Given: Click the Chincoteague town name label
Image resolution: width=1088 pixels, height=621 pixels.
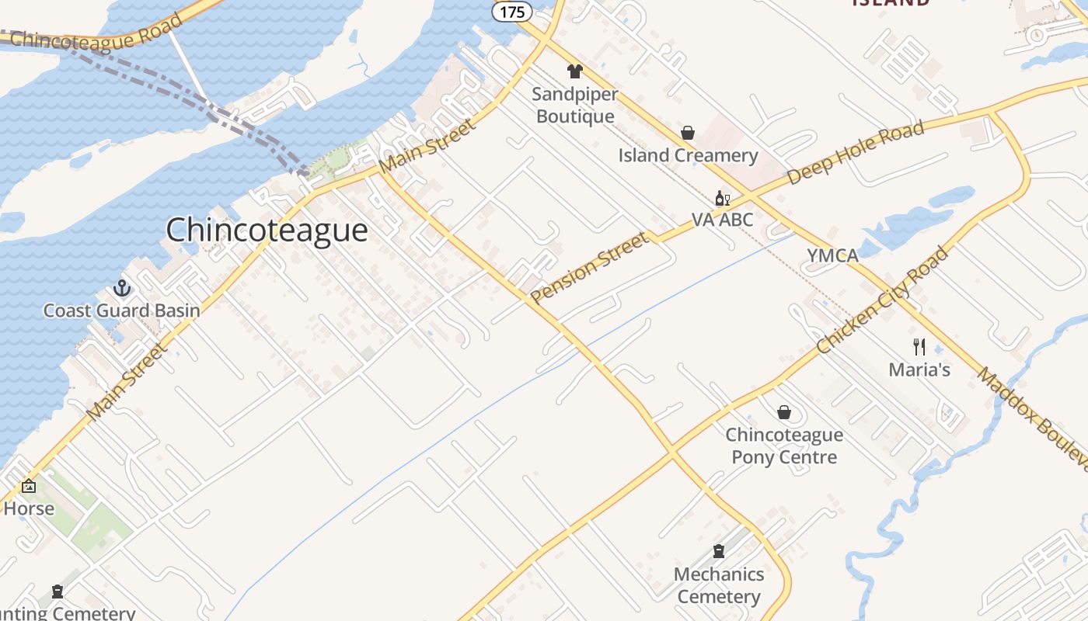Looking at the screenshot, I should pyautogui.click(x=267, y=231).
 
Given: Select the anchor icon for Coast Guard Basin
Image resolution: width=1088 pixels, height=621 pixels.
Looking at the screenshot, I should pyautogui.click(x=121, y=289).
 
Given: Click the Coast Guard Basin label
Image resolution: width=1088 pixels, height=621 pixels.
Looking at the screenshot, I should pyautogui.click(x=121, y=310).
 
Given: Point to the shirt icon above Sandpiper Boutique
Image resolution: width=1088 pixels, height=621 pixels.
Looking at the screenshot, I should pyautogui.click(x=575, y=71).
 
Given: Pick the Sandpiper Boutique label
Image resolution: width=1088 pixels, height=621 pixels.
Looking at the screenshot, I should pyautogui.click(x=575, y=106).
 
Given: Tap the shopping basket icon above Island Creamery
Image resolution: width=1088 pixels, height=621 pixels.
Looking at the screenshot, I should pyautogui.click(x=688, y=134).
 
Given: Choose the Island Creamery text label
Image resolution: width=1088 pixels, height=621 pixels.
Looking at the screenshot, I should pyautogui.click(x=688, y=155).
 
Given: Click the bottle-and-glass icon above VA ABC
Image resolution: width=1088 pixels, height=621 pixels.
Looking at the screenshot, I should pyautogui.click(x=723, y=199).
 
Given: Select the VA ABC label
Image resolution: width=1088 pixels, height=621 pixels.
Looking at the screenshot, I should pyautogui.click(x=723, y=220).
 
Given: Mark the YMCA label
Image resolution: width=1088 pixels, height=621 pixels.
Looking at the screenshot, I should pyautogui.click(x=832, y=255).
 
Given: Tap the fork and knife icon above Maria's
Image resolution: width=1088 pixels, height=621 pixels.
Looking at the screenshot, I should pyautogui.click(x=919, y=347).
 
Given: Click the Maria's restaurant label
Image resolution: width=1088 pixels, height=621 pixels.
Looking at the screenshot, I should pyautogui.click(x=919, y=369).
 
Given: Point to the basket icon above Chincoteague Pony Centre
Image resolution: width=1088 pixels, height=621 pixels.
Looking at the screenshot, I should pyautogui.click(x=784, y=412).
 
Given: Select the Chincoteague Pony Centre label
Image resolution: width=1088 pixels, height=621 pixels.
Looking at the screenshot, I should pyautogui.click(x=784, y=446).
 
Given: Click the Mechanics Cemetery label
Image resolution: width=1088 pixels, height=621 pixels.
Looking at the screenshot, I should pyautogui.click(x=719, y=585).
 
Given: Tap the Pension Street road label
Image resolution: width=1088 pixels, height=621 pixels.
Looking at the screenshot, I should pyautogui.click(x=590, y=267).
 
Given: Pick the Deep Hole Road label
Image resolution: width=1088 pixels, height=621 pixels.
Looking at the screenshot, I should pyautogui.click(x=856, y=152).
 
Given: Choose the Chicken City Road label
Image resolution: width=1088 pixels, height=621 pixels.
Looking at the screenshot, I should pyautogui.click(x=883, y=300).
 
